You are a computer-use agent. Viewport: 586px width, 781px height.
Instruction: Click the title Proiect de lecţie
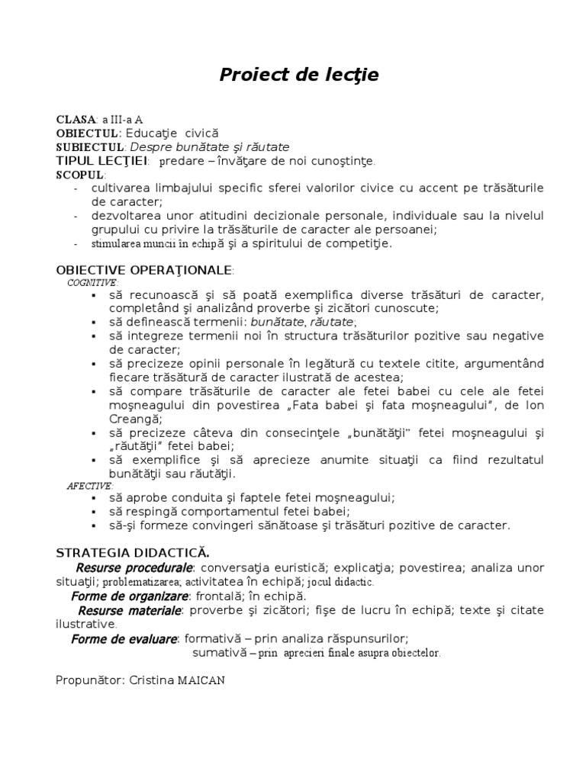(x=299, y=75)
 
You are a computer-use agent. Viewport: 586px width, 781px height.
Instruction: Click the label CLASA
(x=76, y=120)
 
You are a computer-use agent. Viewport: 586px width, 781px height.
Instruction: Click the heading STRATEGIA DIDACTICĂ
(x=134, y=551)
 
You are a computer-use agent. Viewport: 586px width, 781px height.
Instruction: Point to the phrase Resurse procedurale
(x=134, y=568)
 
